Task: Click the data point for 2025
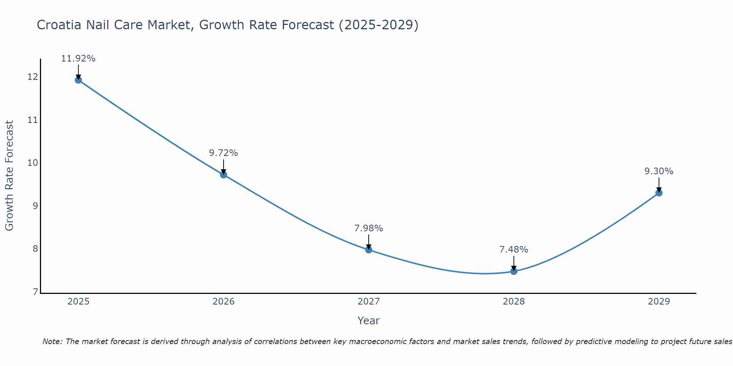(x=78, y=80)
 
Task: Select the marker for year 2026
(x=223, y=175)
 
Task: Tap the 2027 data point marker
(x=368, y=250)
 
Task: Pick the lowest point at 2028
(x=513, y=271)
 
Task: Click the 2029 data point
(x=659, y=193)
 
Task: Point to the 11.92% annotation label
(x=78, y=59)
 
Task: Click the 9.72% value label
(x=223, y=153)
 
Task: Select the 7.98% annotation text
(x=368, y=228)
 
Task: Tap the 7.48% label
(x=513, y=250)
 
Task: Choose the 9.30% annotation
(x=659, y=171)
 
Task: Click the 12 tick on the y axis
(x=33, y=77)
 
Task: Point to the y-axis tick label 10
(x=33, y=163)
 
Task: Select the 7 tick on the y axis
(x=35, y=292)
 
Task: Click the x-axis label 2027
(x=368, y=302)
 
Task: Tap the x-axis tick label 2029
(x=659, y=302)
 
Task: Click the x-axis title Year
(x=368, y=321)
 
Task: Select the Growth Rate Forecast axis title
(x=9, y=176)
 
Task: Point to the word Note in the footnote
(x=52, y=341)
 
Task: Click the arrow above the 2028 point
(x=513, y=262)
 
